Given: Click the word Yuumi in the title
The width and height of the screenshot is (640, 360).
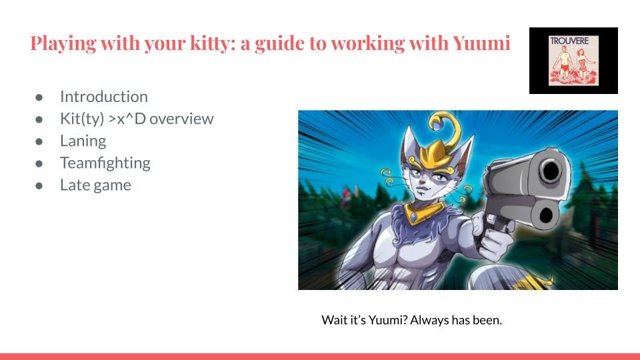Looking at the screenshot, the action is [481, 43].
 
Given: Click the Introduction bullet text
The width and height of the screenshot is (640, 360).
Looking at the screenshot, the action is [104, 97].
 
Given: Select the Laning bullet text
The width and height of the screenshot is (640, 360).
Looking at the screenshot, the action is [83, 141].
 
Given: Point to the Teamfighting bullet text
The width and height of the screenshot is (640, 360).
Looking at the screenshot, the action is [105, 163].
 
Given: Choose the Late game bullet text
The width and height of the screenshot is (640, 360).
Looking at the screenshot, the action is [95, 185].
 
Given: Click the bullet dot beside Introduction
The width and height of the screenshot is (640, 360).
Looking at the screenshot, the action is [39, 97].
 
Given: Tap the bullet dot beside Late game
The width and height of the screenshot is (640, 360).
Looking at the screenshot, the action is [39, 186].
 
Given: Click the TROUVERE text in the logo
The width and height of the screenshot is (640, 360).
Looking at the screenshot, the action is [569, 41].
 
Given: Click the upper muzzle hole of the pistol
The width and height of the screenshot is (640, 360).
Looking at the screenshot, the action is [551, 170].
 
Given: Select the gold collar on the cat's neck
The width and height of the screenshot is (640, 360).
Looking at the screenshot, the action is [423, 212].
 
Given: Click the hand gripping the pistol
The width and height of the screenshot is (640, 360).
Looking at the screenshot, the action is [492, 235].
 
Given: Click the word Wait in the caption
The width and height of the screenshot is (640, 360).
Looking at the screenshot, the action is [332, 320].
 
